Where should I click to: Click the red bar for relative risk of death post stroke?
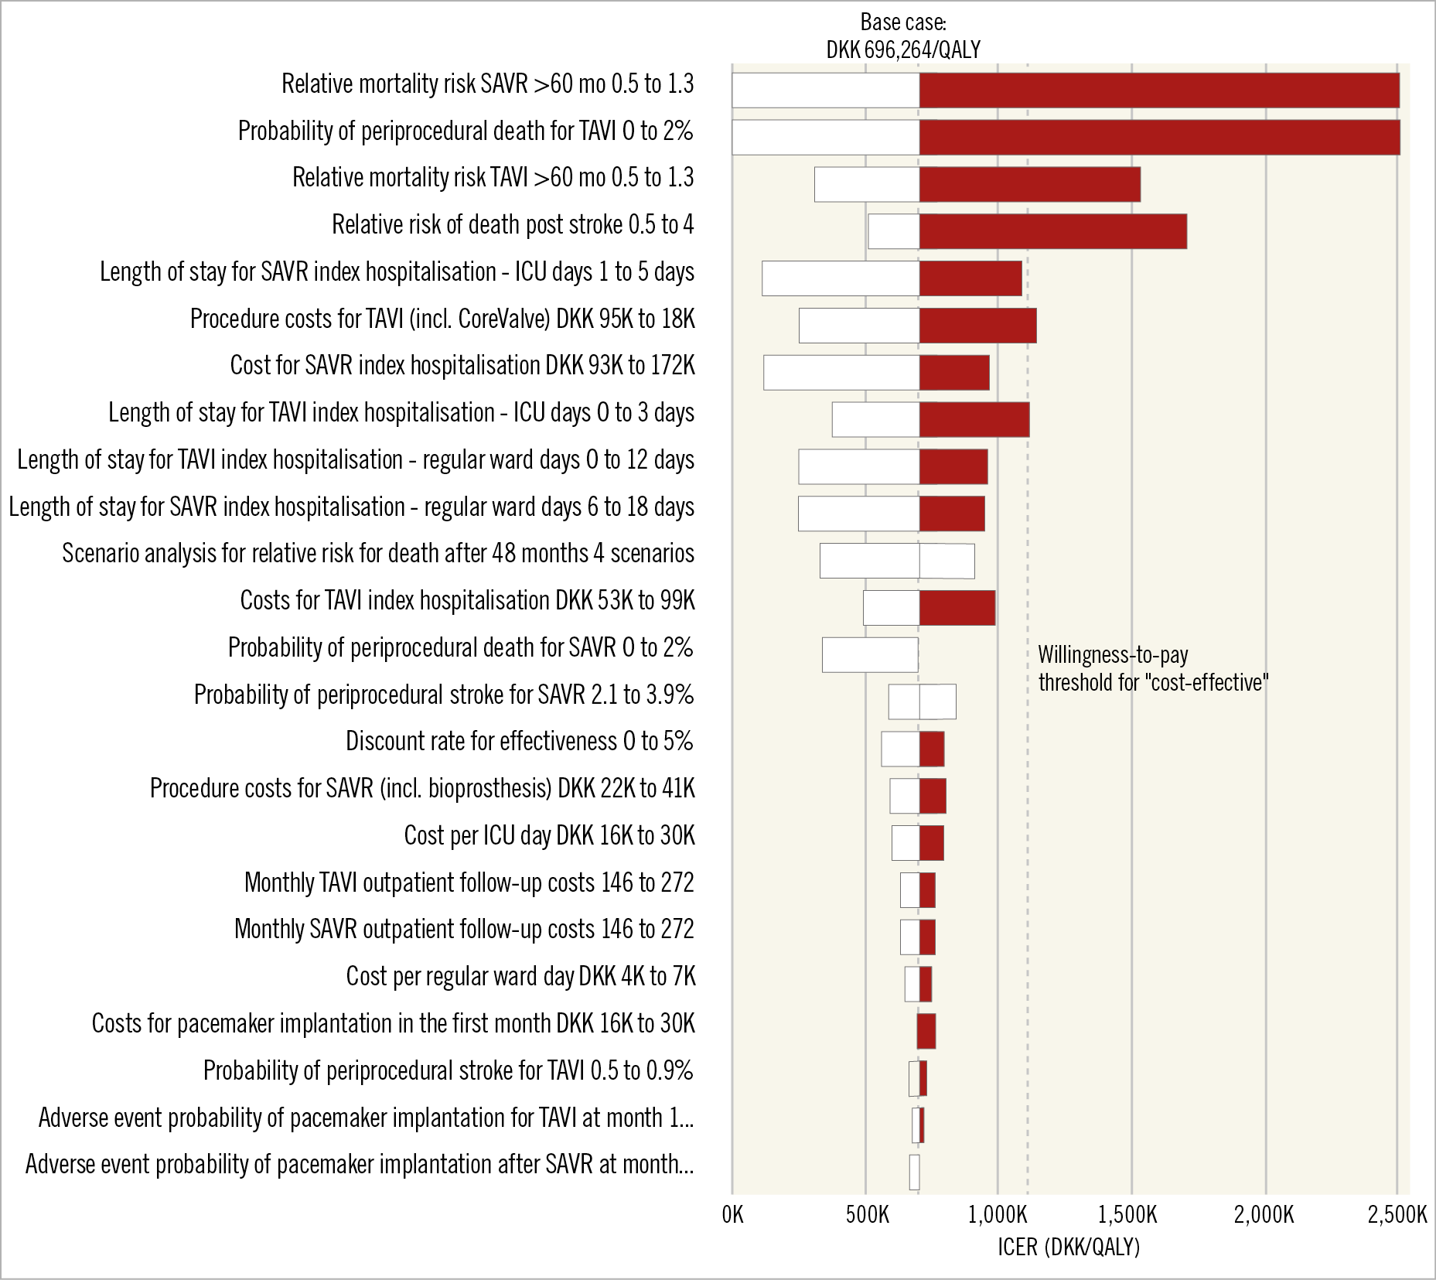pyautogui.click(x=1052, y=231)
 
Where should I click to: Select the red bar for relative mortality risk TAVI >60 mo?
pyautogui.click(x=1029, y=184)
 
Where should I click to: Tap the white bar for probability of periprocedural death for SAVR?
pyautogui.click(x=870, y=654)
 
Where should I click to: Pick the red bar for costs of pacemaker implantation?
pyautogui.click(x=926, y=1031)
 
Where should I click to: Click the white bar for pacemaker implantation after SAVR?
pyautogui.click(x=914, y=1172)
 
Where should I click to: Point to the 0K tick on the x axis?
pyautogui.click(x=732, y=1215)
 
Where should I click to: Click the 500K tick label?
pyautogui.click(x=867, y=1215)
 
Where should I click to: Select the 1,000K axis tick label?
pyautogui.click(x=998, y=1215)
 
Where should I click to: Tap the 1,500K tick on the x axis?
pyautogui.click(x=1131, y=1215)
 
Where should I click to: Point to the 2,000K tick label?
pyautogui.click(x=1264, y=1215)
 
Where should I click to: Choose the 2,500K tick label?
pyautogui.click(x=1397, y=1215)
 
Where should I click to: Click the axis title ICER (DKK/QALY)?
pyautogui.click(x=1069, y=1247)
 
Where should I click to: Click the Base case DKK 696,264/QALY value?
pyautogui.click(x=903, y=50)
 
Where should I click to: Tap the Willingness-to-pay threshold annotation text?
pyautogui.click(x=1153, y=669)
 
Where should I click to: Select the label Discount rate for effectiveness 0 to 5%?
pyautogui.click(x=519, y=741)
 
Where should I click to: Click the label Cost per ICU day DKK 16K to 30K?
pyautogui.click(x=549, y=835)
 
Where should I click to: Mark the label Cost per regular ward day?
pyautogui.click(x=520, y=977)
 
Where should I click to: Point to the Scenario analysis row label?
pyautogui.click(x=378, y=554)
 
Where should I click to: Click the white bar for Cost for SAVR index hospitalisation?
pyautogui.click(x=841, y=372)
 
